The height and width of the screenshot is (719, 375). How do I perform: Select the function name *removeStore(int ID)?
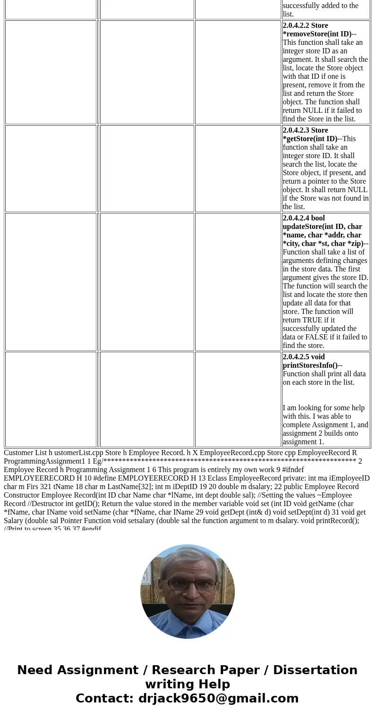tap(317, 34)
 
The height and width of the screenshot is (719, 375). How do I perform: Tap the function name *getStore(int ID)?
tap(310, 139)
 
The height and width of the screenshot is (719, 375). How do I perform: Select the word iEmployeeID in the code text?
tap(349, 478)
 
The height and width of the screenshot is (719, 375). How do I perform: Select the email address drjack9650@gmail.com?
tap(218, 699)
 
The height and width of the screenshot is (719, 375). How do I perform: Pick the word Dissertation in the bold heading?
tap(315, 670)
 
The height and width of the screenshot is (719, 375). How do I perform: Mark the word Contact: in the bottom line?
tap(105, 699)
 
